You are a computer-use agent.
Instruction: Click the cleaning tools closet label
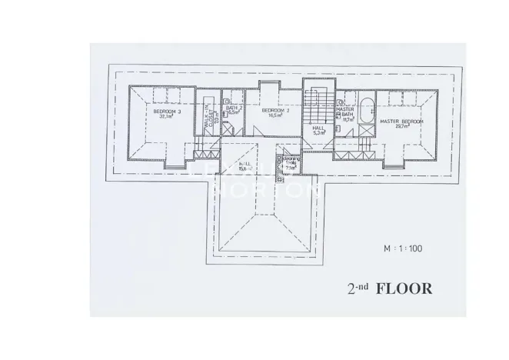(290, 164)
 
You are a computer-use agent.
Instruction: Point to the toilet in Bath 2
(227, 99)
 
